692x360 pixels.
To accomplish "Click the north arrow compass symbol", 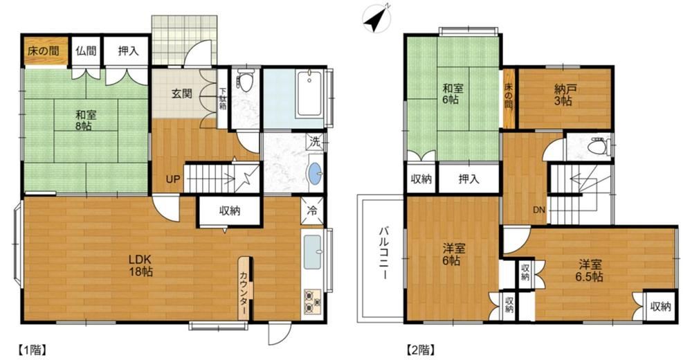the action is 376,18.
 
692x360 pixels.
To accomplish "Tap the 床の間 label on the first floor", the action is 43,51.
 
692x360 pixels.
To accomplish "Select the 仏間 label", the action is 86,51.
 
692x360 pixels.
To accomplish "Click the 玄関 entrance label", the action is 182,93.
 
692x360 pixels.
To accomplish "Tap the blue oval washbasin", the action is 315,174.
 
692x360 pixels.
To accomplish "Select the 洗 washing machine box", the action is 315,142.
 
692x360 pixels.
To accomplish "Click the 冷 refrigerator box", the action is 313,210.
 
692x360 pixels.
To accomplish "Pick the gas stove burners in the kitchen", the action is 312,303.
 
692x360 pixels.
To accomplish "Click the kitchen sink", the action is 312,251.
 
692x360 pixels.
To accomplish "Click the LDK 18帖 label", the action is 140,265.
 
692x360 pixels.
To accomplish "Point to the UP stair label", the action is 172,179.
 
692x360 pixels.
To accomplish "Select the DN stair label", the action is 539,210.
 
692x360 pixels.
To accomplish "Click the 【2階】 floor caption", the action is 421,350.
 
